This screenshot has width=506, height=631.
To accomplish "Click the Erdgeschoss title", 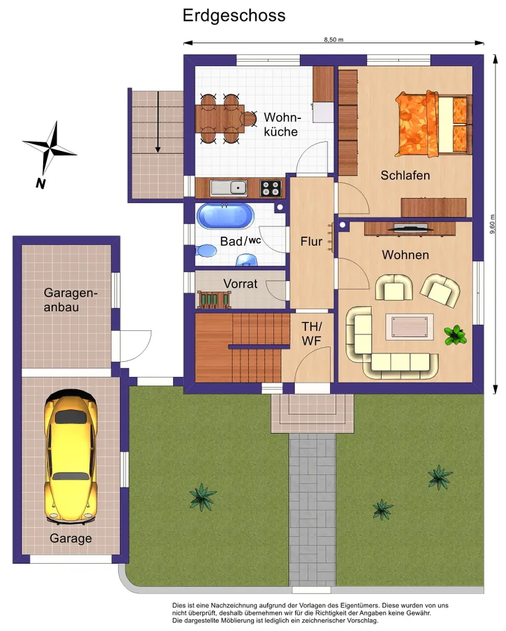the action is click(234, 15).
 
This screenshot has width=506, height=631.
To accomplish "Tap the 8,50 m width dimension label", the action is click(334, 40).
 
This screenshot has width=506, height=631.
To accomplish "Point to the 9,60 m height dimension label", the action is click(492, 224).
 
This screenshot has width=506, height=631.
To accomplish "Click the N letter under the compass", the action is click(41, 184).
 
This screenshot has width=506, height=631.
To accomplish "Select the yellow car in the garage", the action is click(71, 457).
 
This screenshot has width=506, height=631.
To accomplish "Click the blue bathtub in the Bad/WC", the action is click(225, 216).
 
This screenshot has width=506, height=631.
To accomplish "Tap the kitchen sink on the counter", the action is click(228, 188).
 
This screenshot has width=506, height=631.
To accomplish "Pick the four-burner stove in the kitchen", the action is click(270, 188).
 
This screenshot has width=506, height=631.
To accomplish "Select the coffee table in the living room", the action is click(409, 327).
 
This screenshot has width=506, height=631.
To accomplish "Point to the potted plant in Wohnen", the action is click(456, 335).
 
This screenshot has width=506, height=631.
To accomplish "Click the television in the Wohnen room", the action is click(410, 228).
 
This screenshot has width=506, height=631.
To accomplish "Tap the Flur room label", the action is click(311, 242).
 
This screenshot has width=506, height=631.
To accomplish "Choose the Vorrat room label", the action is click(240, 283).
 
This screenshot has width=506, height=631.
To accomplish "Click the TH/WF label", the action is click(312, 333).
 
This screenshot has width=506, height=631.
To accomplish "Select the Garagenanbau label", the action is click(71, 300).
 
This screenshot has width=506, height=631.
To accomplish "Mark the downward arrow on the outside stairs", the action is click(158, 122).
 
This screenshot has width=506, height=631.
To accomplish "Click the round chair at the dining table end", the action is click(249, 119).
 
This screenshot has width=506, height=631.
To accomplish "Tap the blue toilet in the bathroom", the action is click(206, 250).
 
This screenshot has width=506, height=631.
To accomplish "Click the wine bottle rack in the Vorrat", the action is click(214, 300).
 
